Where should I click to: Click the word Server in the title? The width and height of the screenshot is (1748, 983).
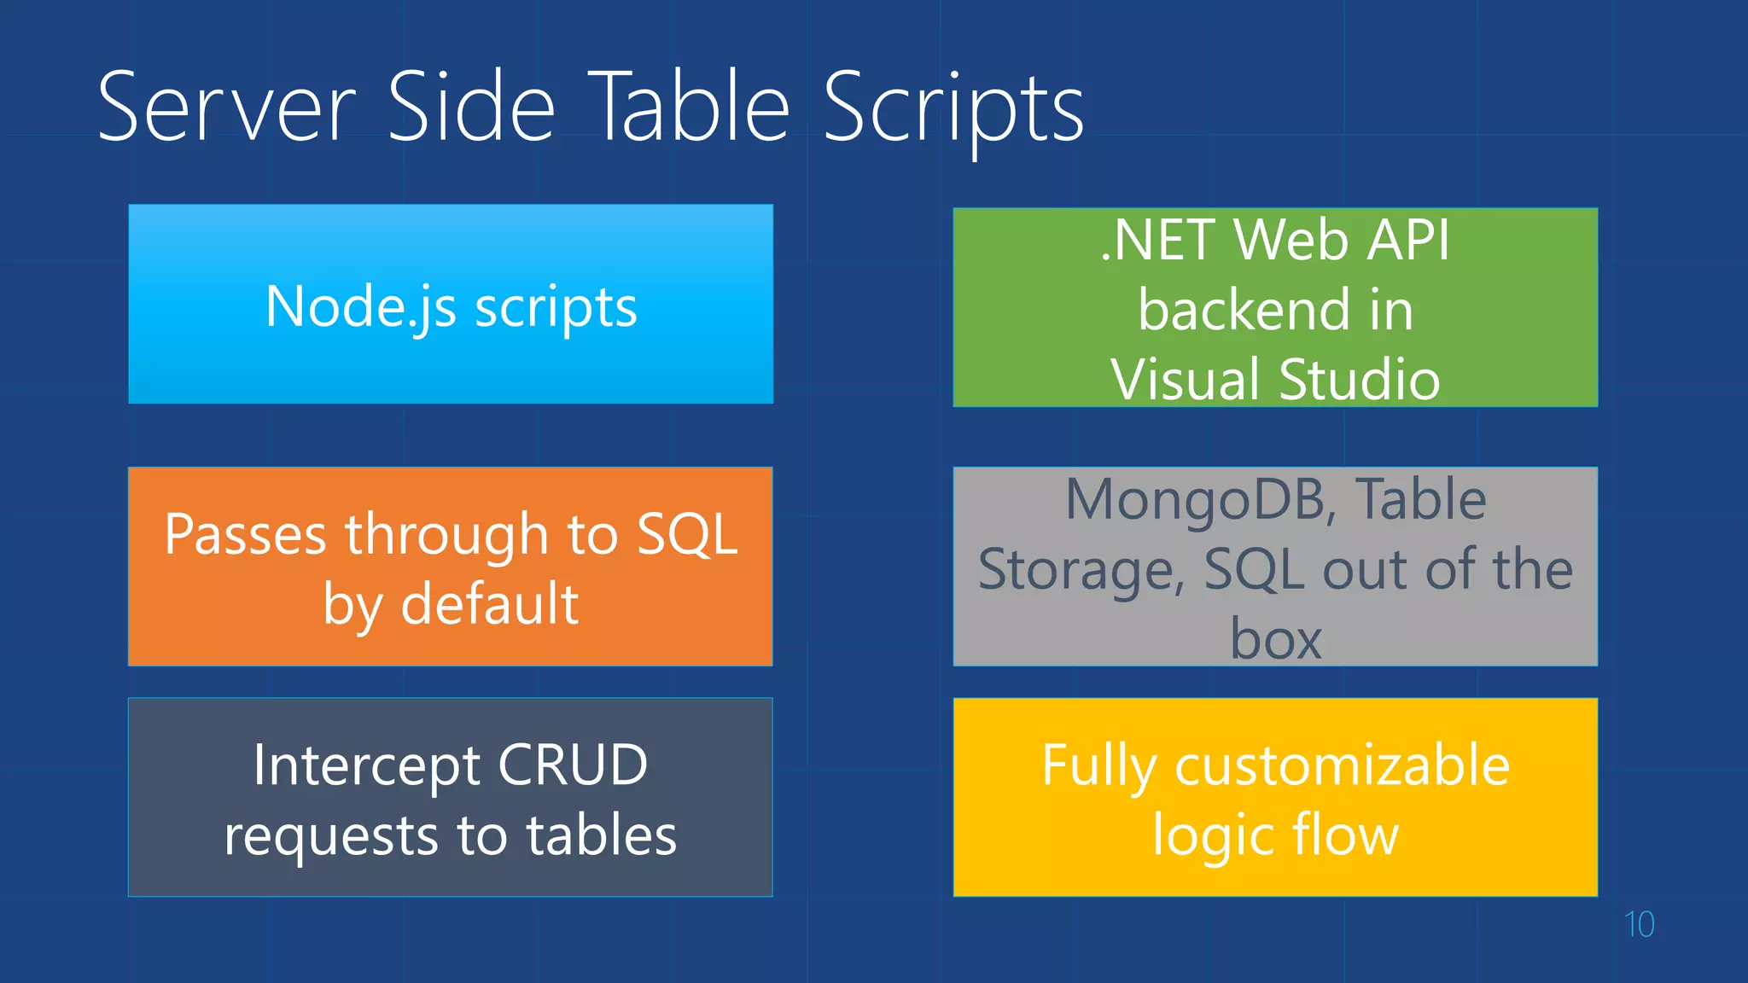point(226,108)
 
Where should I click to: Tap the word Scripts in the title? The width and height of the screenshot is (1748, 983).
point(953,108)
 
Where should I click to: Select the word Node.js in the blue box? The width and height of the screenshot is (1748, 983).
point(360,306)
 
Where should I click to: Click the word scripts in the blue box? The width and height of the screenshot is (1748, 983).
point(556,308)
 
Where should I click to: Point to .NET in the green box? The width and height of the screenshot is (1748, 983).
point(1157,240)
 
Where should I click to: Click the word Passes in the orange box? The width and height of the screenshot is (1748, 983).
point(246,535)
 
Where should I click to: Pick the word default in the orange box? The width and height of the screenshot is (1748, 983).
point(490,604)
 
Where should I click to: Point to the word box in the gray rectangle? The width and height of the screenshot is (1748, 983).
point(1275,639)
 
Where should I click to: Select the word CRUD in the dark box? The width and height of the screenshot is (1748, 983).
point(573,765)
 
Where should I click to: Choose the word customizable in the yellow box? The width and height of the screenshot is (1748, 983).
point(1342,765)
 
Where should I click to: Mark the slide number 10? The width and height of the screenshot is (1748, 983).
point(1639,925)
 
